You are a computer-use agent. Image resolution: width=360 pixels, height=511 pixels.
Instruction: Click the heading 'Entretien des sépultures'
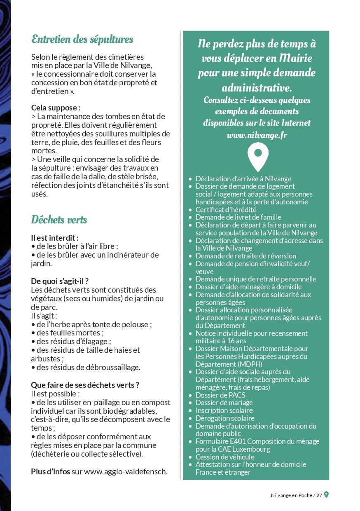point(82,40)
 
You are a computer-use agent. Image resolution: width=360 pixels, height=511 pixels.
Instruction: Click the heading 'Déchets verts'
point(59,220)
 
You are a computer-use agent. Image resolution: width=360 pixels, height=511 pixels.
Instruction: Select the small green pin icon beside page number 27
point(326,495)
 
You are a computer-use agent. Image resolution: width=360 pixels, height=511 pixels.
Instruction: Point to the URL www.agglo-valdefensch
point(126,471)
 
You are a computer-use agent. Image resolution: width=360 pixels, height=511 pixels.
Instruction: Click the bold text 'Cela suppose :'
point(56,108)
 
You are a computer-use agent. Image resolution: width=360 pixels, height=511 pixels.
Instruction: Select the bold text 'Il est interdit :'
point(55,237)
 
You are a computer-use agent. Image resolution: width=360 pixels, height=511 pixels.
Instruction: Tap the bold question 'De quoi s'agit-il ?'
point(60,281)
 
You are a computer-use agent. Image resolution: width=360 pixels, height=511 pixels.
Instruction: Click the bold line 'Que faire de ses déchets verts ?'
point(85,385)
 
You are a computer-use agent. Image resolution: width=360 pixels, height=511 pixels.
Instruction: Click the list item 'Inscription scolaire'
point(224,410)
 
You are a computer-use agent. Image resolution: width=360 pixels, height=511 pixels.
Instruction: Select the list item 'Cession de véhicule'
point(225,457)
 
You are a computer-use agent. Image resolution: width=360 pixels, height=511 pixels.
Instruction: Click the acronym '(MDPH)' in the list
point(250,364)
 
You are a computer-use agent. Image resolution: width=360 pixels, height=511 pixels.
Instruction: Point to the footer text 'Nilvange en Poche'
point(291,495)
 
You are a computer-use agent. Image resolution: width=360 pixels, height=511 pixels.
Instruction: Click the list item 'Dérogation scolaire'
point(225,418)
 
